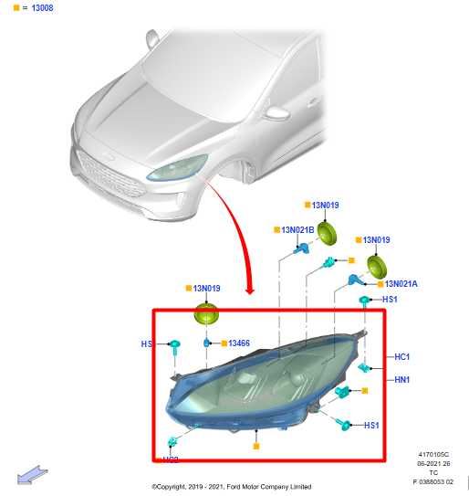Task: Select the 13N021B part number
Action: tap(297, 230)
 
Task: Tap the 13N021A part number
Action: tap(400, 284)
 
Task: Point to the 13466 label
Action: tap(239, 343)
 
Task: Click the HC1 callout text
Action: tap(401, 356)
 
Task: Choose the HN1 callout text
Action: tap(401, 379)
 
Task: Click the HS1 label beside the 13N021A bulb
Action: tap(390, 299)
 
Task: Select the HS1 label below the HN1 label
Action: tap(371, 426)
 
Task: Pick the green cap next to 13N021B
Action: tap(326, 235)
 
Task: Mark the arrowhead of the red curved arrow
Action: tap(250, 290)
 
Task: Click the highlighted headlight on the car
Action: tap(178, 168)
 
